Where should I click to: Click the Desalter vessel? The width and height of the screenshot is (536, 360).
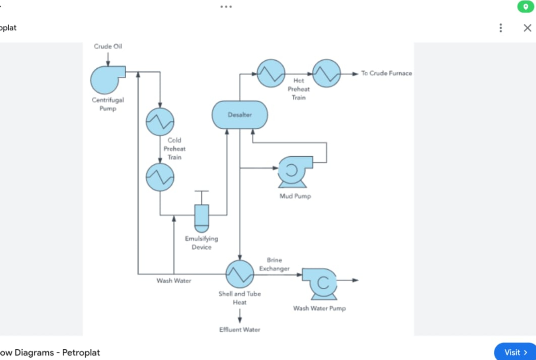coord(240,115)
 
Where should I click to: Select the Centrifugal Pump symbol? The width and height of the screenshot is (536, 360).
coord(106,80)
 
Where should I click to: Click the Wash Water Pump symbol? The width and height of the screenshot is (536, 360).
coord(320,283)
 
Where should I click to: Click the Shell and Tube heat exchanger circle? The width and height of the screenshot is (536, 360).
coord(240,274)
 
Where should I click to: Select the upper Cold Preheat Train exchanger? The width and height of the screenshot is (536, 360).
coord(160,122)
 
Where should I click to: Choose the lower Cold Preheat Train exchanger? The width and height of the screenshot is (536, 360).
coord(160,177)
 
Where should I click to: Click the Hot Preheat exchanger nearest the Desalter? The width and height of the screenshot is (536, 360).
coord(271,74)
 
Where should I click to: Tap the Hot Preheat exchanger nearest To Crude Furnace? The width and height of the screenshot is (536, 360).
coord(327,74)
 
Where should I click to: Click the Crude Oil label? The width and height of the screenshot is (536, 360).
coord(108,47)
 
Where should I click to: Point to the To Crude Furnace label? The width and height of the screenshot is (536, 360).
coord(386,74)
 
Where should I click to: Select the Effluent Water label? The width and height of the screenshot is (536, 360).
coord(240,330)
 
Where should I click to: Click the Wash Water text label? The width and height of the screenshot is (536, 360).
coord(174,281)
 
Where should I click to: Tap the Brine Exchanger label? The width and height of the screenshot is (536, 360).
coord(274,264)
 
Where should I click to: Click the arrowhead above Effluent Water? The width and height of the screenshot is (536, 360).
coord(240,320)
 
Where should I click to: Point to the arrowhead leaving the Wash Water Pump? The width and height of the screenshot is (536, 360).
coord(355,280)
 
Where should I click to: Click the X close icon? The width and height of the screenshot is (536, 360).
coord(527,28)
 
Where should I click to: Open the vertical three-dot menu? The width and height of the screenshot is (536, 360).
coord(501,28)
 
